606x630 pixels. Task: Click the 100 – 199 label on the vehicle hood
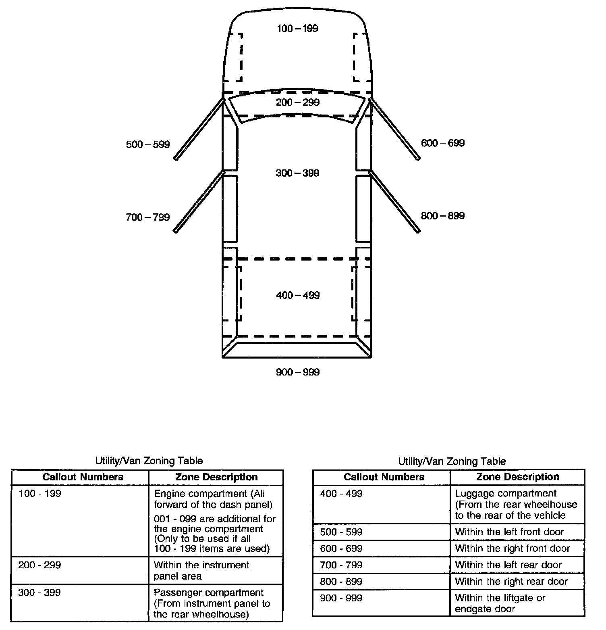click(x=297, y=29)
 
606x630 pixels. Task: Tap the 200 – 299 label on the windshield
click(x=297, y=102)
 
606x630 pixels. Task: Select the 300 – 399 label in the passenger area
click(x=297, y=173)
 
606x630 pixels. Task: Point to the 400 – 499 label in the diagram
click(x=298, y=296)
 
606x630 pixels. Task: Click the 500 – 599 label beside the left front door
click(x=148, y=144)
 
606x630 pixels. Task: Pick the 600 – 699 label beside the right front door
click(x=442, y=143)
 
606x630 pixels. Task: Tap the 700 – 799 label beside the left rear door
click(x=148, y=217)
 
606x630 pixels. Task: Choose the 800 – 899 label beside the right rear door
click(x=442, y=216)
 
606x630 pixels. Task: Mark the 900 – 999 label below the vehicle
click(x=297, y=372)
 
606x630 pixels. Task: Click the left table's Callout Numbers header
click(x=83, y=477)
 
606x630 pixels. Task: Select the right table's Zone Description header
click(x=517, y=477)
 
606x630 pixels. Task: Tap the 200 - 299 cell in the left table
click(x=39, y=565)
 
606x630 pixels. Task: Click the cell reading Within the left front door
click(x=509, y=532)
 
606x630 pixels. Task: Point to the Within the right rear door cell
click(x=511, y=582)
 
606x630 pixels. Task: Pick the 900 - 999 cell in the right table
click(x=341, y=598)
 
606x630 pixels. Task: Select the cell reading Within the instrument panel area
click(x=201, y=570)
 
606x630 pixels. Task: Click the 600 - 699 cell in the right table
click(x=341, y=549)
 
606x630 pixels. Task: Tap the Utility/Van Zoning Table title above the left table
click(x=149, y=461)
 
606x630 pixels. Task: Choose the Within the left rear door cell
click(x=508, y=565)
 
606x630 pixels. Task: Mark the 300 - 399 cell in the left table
click(x=39, y=592)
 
